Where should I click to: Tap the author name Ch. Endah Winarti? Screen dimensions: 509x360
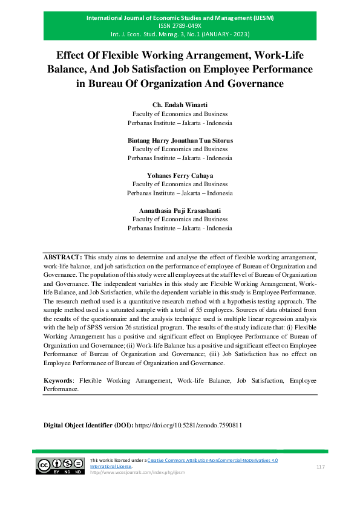180,105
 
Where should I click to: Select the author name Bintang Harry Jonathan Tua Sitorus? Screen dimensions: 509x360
180,140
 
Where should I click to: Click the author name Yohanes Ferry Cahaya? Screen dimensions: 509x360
180,175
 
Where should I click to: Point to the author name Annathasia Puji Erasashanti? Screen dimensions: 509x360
180,210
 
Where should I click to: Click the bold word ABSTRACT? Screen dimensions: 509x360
62,257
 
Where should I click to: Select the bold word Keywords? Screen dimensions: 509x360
58,381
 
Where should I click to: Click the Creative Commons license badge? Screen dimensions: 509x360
60,465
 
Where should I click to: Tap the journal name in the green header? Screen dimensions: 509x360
180,18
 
